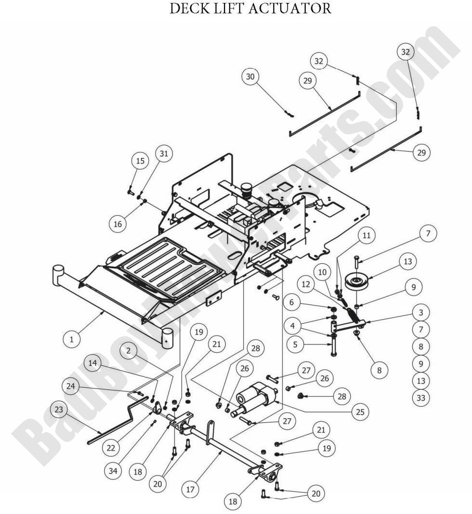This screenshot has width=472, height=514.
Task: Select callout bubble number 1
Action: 72,339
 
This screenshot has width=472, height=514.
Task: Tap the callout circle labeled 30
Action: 251,77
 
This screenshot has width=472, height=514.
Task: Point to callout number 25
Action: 360,412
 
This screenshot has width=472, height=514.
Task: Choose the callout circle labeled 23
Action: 59,410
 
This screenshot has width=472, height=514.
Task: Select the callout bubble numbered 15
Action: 140,161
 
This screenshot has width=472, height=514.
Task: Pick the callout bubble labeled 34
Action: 113,471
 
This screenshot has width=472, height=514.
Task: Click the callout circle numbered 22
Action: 112,448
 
